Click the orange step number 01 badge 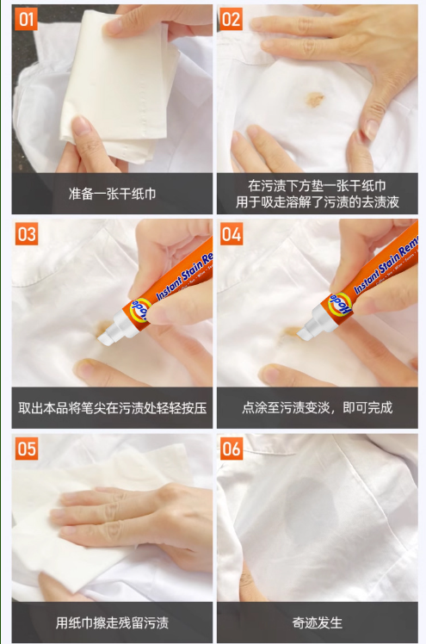coord(27,19)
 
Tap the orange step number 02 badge coord(231,19)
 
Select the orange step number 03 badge coord(27,233)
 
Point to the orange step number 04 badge coord(231,233)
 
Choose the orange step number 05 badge coord(27,448)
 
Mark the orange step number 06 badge coord(231,448)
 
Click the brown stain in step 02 coord(313,98)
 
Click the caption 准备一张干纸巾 coord(112,194)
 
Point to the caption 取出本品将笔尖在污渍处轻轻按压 coord(112,408)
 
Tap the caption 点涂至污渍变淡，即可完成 coord(318,407)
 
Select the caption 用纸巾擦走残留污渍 coord(112,622)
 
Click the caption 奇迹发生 coord(318,622)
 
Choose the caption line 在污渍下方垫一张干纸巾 coord(317,186)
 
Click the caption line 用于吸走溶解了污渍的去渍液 coord(318,201)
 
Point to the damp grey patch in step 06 coord(311,514)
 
